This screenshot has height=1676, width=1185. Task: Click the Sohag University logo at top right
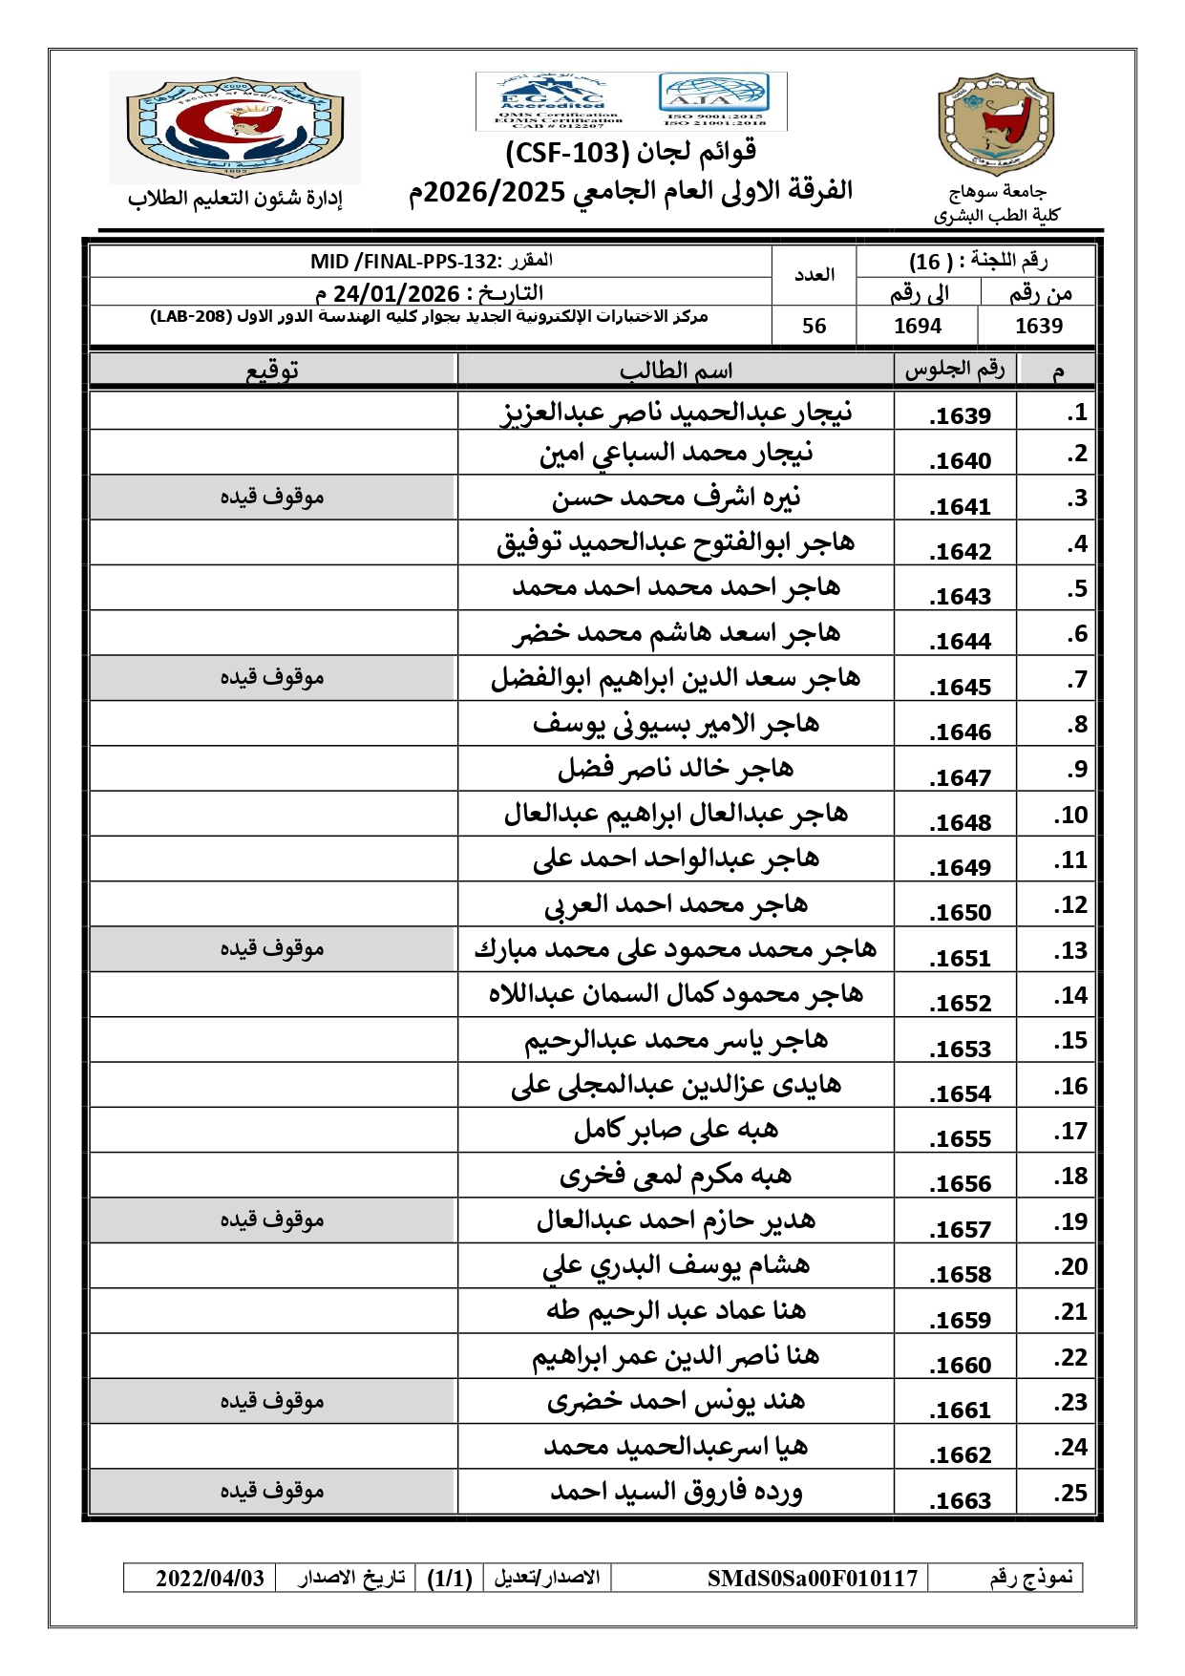click(x=996, y=124)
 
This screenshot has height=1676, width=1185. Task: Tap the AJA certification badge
click(x=713, y=98)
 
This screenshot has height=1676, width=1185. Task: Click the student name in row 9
click(x=676, y=769)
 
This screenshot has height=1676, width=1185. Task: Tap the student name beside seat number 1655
click(x=676, y=1130)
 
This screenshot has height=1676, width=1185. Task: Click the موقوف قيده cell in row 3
click(x=272, y=497)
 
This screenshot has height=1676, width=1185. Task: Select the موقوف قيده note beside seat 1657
click(x=272, y=1220)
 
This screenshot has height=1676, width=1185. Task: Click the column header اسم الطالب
click(x=676, y=371)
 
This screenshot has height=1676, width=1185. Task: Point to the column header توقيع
click(x=272, y=371)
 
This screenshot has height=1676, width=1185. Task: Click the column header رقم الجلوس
click(x=955, y=370)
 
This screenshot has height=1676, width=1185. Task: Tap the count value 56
click(x=815, y=327)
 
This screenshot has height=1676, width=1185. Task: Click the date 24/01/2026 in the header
click(x=396, y=293)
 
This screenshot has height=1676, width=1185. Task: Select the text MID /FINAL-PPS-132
click(x=405, y=262)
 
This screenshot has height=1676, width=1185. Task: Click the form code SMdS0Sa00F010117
click(x=813, y=1579)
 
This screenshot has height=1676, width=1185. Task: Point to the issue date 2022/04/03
click(x=210, y=1579)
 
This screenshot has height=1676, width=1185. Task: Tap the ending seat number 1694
click(x=918, y=327)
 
